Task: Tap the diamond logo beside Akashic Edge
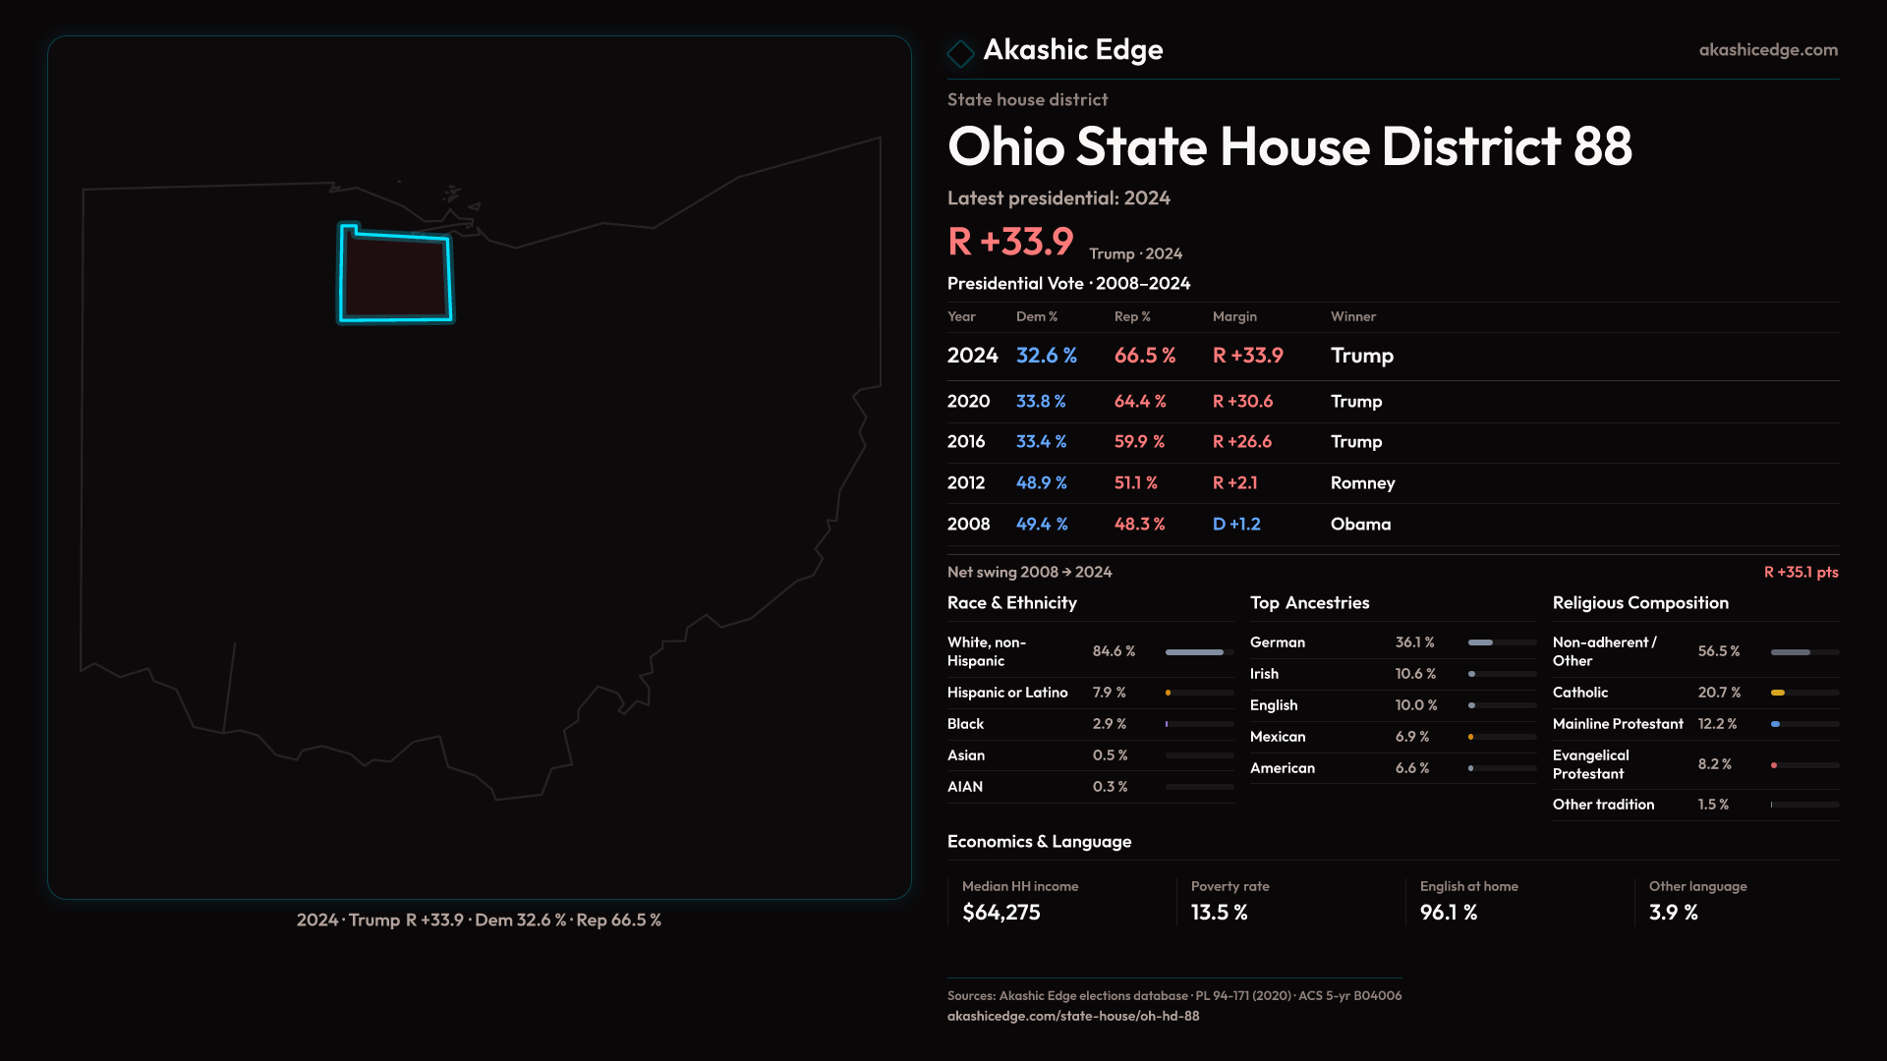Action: (960, 53)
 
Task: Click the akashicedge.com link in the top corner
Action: (1767, 50)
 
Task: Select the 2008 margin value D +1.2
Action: (1236, 525)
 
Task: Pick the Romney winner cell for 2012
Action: (1362, 483)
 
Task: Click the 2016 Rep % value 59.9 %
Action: (1139, 442)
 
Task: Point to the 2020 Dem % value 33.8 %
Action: (1041, 402)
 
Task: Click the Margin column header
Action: (1234, 317)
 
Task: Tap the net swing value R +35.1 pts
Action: (1801, 573)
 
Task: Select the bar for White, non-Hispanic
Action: (1195, 652)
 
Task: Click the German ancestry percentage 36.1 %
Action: (1414, 642)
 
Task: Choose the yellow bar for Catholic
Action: (1778, 693)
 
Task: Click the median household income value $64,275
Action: (1001, 913)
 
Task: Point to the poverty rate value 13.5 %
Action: (1219, 913)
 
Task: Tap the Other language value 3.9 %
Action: (1673, 913)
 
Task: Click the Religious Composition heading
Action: (1639, 603)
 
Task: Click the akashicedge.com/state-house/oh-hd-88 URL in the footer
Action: (1072, 1017)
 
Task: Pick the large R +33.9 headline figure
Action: (1010, 242)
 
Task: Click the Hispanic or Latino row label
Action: (1006, 693)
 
